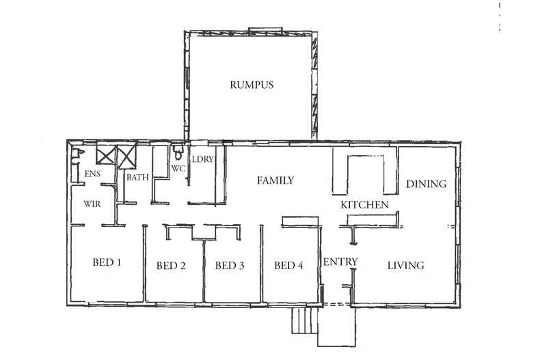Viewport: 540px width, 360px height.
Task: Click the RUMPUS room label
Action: pos(252,85)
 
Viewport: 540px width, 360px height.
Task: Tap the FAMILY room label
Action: pos(275,181)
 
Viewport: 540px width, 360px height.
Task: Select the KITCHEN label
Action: pos(365,205)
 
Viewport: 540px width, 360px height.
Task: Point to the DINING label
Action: pos(426,184)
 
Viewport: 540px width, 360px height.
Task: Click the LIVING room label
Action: pos(406,266)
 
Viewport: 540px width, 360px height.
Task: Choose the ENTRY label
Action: pos(340,262)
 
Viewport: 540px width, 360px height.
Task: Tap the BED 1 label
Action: pos(107,262)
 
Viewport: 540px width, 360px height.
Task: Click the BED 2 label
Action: pos(171,266)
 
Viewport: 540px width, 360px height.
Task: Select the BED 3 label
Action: pos(230,266)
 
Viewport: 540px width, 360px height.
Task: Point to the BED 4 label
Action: pos(288,266)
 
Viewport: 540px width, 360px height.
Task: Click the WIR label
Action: pos(93,204)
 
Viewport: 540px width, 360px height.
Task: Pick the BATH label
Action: pos(137,178)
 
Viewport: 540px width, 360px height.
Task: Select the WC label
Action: pos(178,168)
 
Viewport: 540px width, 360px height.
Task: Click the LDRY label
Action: pos(203,160)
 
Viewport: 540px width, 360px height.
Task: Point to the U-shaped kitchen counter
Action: pos(365,174)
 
